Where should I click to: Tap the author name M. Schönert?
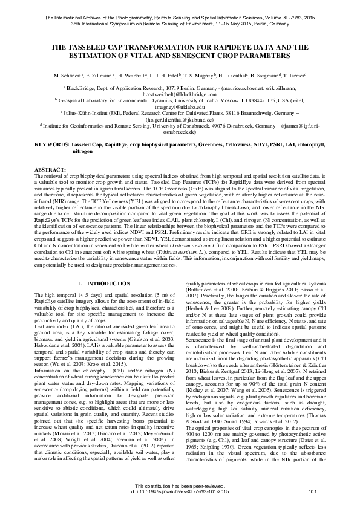pyautogui.click(x=67, y=76)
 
